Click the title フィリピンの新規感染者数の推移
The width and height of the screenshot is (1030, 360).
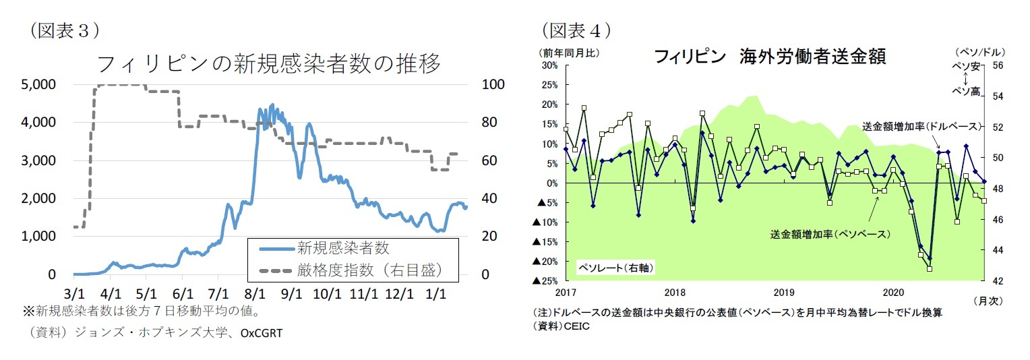(268, 65)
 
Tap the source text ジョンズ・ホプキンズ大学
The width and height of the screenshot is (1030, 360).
(138, 334)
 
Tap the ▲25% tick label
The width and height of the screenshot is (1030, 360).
(546, 281)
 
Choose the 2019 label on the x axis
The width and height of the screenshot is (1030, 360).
(784, 292)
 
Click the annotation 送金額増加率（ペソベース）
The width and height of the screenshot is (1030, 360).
(831, 234)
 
